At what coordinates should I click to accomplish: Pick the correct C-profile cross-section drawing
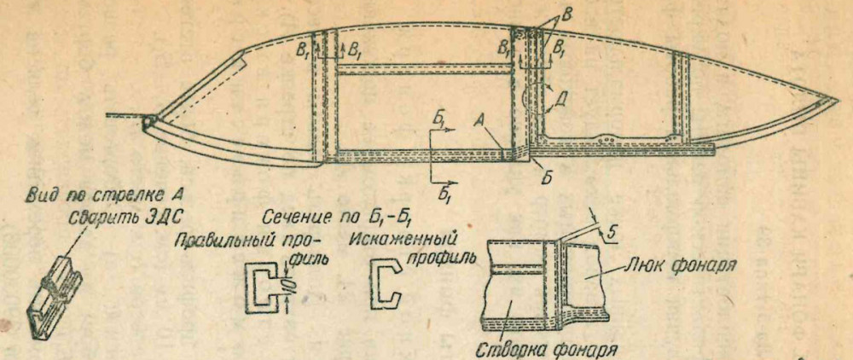click(x=261, y=287)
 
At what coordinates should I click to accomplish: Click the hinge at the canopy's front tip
click(x=152, y=123)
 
